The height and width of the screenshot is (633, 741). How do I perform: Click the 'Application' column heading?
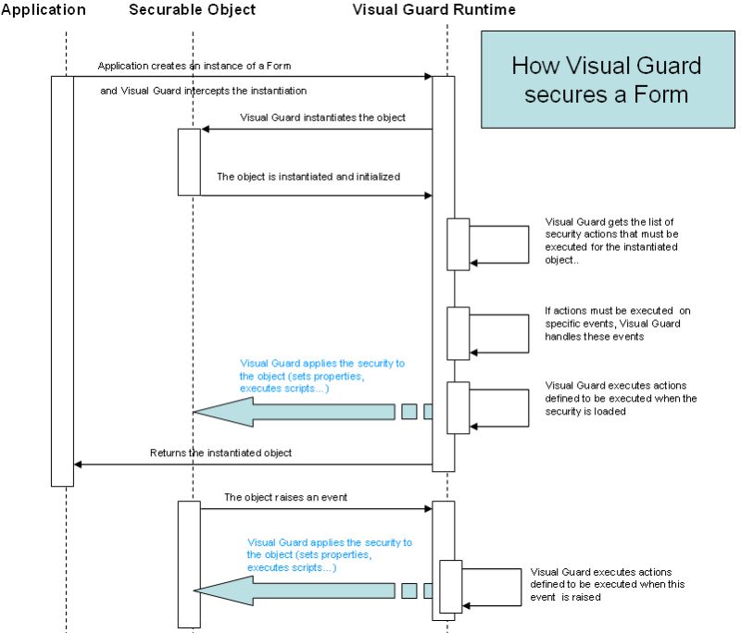44,10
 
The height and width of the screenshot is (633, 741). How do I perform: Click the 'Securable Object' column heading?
192,10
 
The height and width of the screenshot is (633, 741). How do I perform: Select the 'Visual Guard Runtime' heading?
434,10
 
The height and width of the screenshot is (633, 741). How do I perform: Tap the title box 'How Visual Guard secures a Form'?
606,80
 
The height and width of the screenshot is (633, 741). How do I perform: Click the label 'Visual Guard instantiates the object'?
322,118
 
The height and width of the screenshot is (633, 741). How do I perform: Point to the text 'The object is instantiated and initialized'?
308,176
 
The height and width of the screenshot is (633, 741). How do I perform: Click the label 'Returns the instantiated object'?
220,453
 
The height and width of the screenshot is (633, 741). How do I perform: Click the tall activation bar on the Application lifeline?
62,278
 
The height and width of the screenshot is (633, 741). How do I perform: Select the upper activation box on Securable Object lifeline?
189,161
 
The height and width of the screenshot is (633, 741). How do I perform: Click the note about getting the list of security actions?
611,241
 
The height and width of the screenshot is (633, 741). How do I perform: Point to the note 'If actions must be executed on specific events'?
611,323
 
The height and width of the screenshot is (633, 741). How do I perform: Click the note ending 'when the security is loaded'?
621,398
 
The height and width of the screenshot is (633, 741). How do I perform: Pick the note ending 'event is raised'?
601,585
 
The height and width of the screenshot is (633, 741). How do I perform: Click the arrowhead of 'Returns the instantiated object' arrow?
78,465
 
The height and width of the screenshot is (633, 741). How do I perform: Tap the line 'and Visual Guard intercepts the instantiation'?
203,91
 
